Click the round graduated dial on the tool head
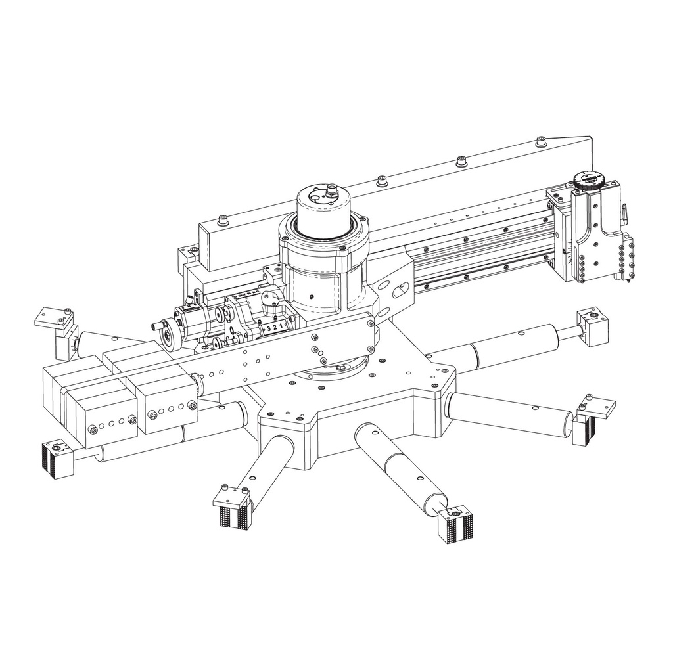pyautogui.click(x=587, y=180)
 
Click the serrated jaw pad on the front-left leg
pyautogui.click(x=233, y=516)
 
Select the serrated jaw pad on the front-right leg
pyautogui.click(x=456, y=526)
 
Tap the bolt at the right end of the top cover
pyautogui.click(x=541, y=141)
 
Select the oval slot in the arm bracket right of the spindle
pyautogui.click(x=400, y=290)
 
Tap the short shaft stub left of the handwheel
pyautogui.click(x=156, y=325)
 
